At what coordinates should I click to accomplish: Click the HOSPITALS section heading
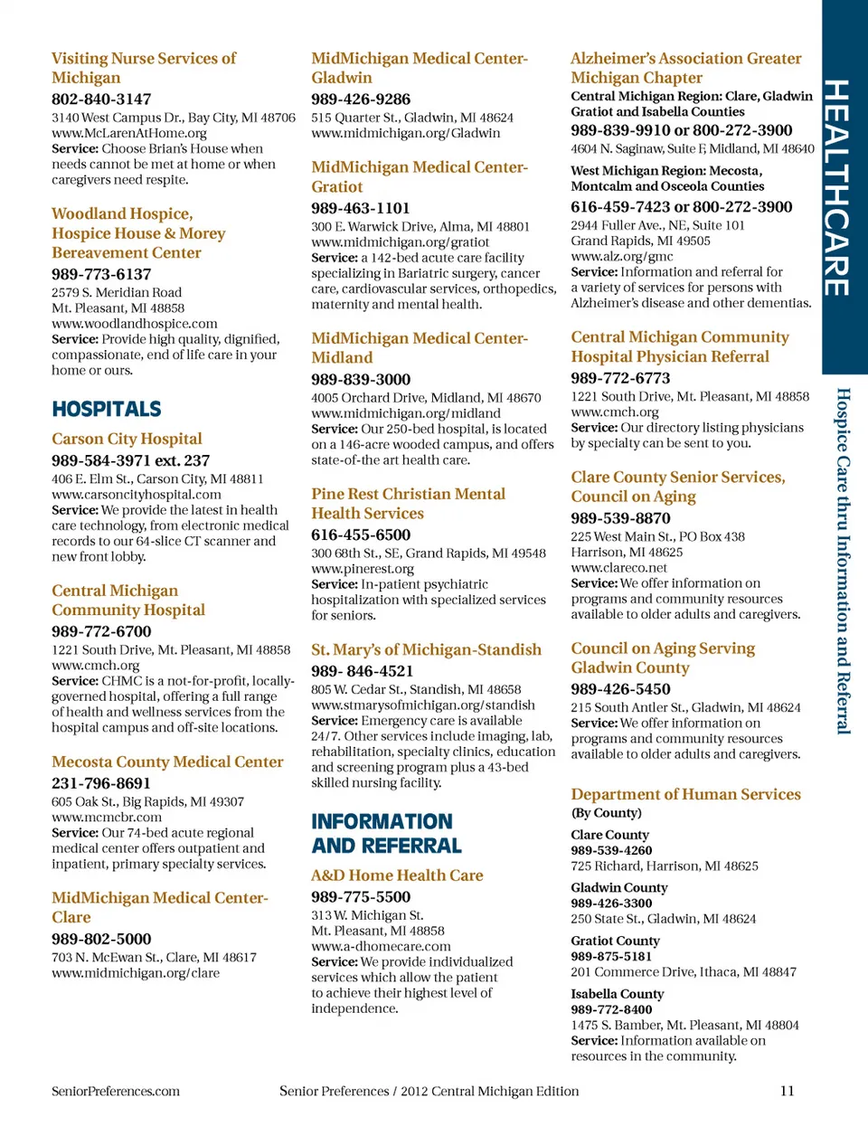[107, 409]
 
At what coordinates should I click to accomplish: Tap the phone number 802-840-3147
[101, 99]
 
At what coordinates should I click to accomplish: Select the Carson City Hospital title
[127, 439]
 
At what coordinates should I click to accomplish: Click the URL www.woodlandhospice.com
[134, 323]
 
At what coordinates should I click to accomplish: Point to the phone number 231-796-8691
[101, 783]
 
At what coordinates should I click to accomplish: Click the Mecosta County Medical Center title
[167, 762]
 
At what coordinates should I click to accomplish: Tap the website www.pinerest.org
[363, 569]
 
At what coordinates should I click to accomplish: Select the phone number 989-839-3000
[361, 379]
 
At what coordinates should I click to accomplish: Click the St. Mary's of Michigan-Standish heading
[426, 649]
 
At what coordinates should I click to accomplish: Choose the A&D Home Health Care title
[397, 875]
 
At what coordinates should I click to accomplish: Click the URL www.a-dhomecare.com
[381, 946]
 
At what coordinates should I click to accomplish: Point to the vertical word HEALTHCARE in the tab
[837, 188]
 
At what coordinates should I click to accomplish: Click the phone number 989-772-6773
[620, 378]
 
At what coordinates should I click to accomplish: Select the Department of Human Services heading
[685, 794]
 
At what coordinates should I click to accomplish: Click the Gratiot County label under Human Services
[615, 941]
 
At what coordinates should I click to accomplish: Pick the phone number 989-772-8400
[611, 1009]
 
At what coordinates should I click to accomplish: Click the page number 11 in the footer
[787, 1091]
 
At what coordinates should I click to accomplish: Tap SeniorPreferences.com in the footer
[116, 1091]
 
